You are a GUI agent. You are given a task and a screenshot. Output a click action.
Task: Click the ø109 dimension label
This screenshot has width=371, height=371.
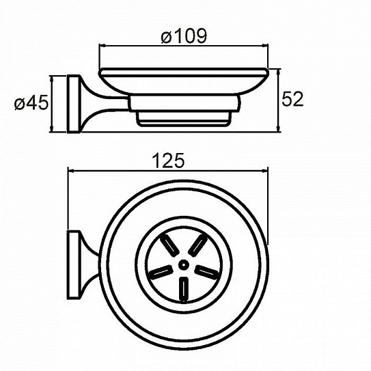click(x=184, y=36)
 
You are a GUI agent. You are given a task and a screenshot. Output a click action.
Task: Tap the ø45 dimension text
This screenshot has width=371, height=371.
click(x=31, y=103)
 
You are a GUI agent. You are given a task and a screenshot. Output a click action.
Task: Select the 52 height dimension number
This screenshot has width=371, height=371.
click(x=292, y=99)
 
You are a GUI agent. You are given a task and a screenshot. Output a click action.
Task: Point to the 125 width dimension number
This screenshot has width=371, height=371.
click(x=168, y=161)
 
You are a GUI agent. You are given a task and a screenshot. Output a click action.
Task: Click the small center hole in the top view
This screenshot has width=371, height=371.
click(x=183, y=265)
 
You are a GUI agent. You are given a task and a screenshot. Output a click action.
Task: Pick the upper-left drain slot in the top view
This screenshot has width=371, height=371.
click(x=169, y=245)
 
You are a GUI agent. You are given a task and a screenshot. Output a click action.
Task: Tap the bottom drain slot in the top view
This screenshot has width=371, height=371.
click(x=184, y=290)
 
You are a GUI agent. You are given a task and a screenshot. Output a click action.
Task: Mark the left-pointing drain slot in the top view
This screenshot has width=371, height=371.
click(x=160, y=271)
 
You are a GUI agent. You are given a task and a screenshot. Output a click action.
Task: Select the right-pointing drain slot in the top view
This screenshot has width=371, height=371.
click(x=207, y=271)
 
